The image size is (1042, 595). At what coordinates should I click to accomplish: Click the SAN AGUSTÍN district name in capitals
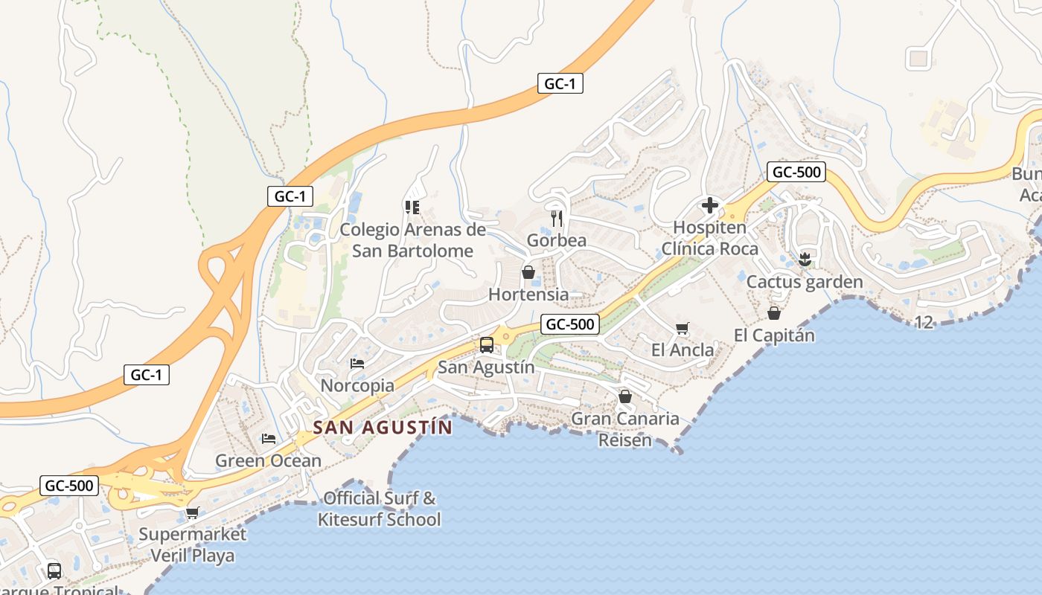click(383, 428)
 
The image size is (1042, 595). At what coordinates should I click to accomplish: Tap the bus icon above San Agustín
click(487, 345)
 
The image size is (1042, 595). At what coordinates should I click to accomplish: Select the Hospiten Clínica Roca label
click(709, 238)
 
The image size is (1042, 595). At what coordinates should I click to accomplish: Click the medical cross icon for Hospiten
click(709, 205)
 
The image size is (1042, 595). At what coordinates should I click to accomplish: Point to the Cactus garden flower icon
click(804, 260)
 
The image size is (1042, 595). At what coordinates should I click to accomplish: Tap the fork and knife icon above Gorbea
click(556, 218)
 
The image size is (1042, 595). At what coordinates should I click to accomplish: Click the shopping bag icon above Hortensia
click(528, 272)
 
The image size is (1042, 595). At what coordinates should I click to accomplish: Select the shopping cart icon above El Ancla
click(682, 328)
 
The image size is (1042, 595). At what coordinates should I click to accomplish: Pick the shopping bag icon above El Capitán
click(774, 313)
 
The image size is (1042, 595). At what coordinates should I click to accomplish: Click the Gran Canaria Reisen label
click(625, 429)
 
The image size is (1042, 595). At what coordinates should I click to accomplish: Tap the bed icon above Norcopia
click(357, 364)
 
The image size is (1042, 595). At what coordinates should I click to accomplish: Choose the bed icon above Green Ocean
click(269, 439)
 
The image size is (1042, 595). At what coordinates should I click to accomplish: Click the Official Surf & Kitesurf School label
click(380, 509)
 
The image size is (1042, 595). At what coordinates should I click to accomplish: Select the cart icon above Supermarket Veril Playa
click(193, 512)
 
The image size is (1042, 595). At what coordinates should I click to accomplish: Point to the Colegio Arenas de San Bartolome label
click(412, 240)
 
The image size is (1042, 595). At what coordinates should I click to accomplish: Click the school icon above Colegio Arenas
click(412, 207)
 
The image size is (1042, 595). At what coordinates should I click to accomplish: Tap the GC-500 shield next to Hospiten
click(796, 173)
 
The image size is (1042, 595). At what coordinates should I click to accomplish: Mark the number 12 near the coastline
click(924, 322)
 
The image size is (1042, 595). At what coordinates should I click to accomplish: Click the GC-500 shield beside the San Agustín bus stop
click(570, 324)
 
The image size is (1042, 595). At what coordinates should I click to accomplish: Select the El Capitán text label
click(774, 335)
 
